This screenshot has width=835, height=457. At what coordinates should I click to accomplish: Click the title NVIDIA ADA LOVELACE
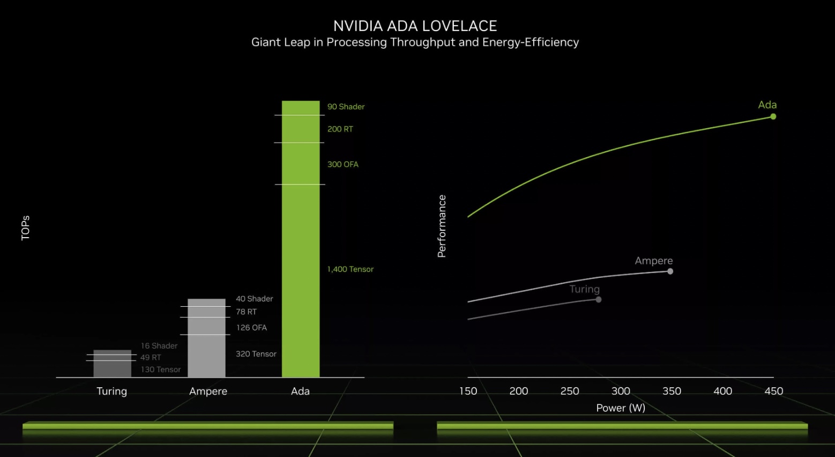click(415, 26)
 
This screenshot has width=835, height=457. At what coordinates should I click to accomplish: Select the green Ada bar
click(301, 239)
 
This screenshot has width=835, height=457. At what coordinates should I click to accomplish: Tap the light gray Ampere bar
click(206, 338)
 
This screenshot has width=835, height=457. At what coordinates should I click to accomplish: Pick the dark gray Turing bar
click(112, 364)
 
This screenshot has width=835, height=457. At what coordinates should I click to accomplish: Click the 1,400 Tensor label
click(350, 269)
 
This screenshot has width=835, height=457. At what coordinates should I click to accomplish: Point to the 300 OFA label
click(342, 165)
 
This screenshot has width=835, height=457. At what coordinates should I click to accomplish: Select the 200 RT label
click(340, 129)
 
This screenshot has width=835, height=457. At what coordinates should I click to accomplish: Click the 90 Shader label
click(346, 107)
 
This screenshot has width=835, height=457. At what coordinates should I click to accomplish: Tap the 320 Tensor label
click(256, 354)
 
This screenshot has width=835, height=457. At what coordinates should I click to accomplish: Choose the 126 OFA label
click(251, 328)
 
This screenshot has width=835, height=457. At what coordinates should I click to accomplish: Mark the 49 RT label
click(151, 357)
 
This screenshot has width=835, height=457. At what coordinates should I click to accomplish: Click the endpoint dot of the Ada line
click(773, 117)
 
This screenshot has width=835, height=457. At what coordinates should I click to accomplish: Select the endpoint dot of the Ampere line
click(670, 271)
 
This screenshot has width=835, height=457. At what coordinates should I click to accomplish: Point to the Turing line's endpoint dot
click(598, 299)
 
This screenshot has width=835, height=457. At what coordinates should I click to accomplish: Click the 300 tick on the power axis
click(621, 391)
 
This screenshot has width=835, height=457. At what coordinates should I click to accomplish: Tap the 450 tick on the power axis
click(773, 391)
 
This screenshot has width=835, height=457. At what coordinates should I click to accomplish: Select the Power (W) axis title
click(621, 408)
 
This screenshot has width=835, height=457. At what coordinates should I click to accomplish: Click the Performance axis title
click(442, 226)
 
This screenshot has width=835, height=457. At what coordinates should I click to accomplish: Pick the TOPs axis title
click(25, 228)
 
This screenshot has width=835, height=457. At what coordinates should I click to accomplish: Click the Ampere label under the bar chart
click(208, 392)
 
